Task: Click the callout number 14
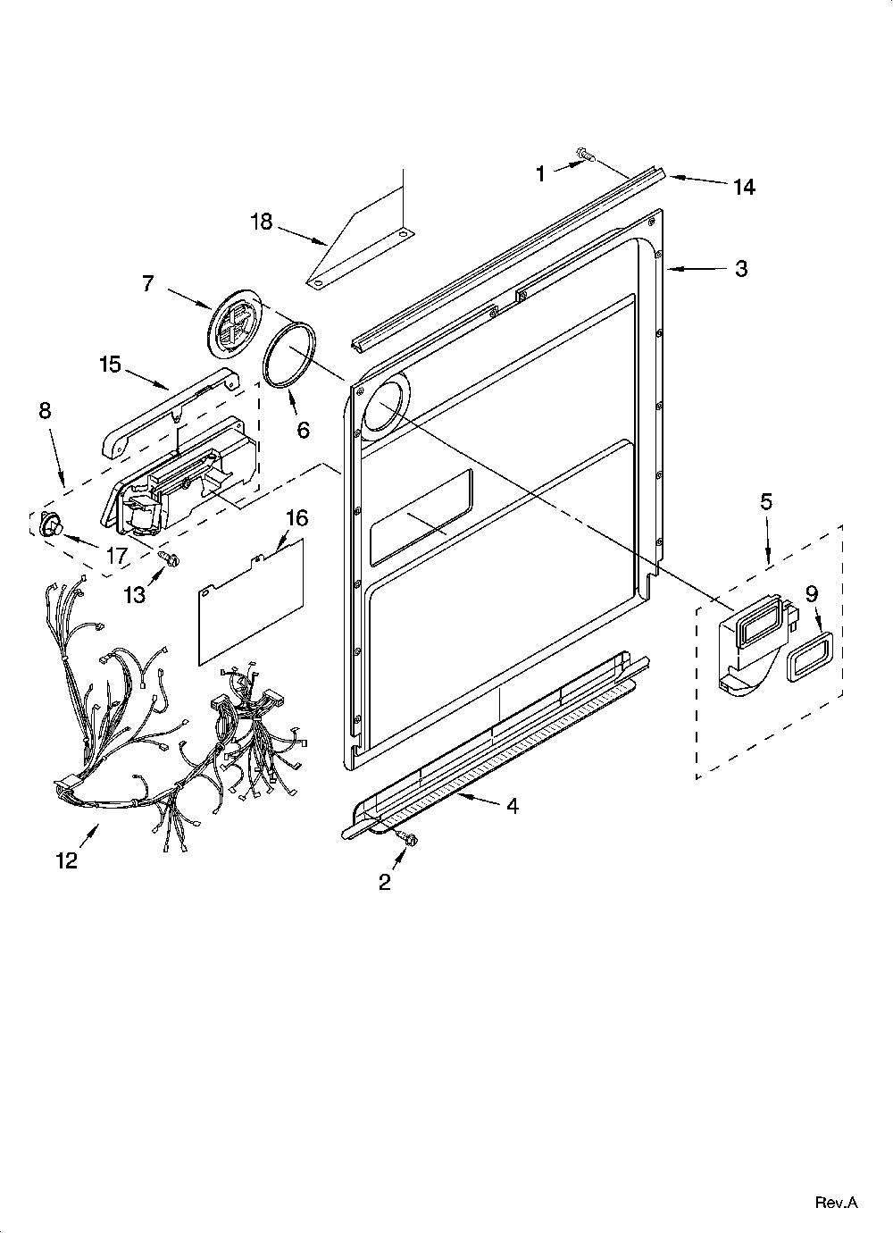[x=743, y=187]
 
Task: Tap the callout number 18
[x=262, y=222]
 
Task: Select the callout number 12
[x=67, y=860]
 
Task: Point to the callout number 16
[x=297, y=518]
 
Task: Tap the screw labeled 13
[x=167, y=557]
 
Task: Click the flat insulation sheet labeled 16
[x=251, y=601]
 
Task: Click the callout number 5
[x=766, y=502]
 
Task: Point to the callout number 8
[x=45, y=410]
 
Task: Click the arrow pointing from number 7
[x=188, y=298]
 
